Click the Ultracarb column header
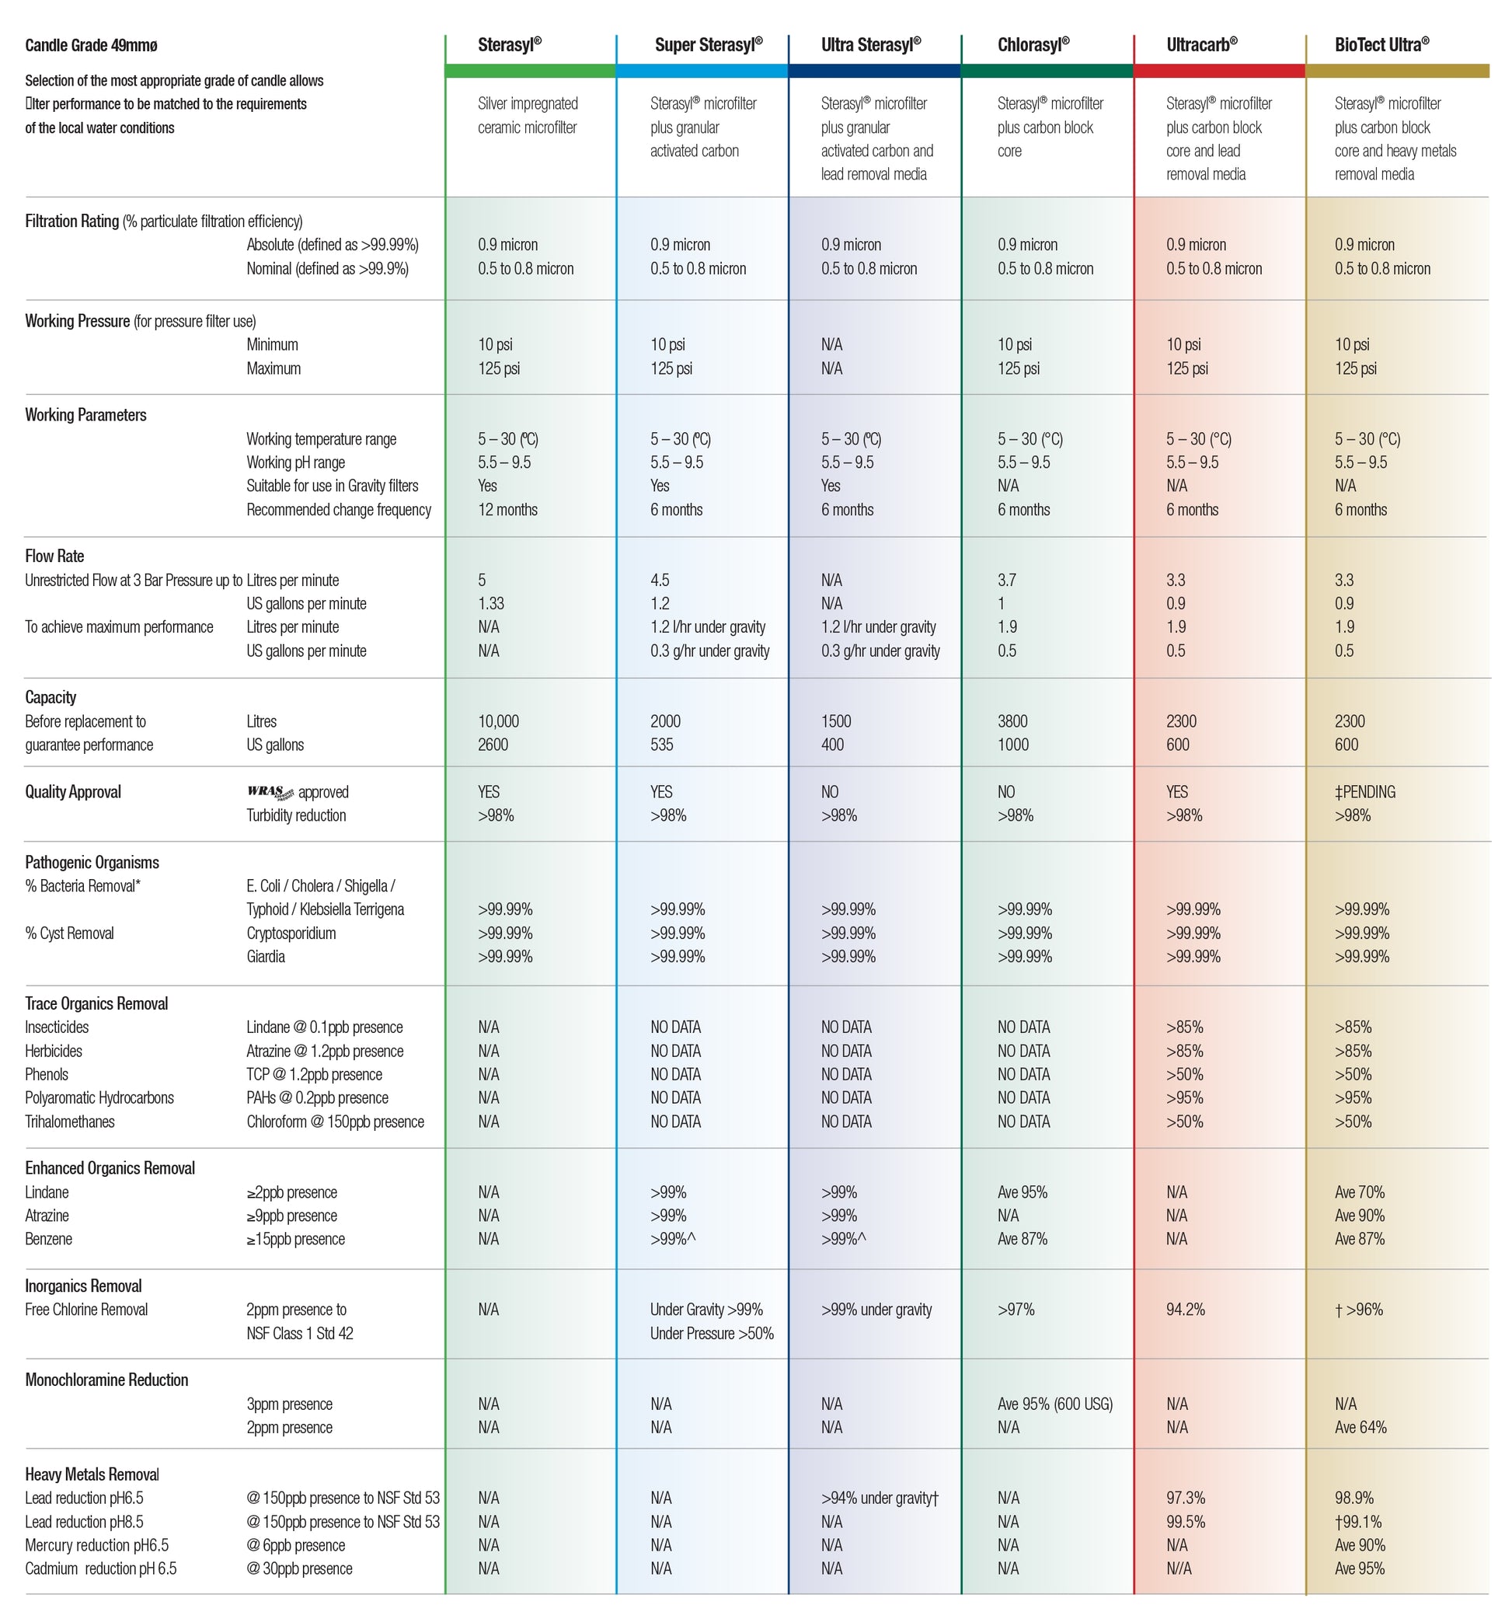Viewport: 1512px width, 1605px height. pyautogui.click(x=1200, y=45)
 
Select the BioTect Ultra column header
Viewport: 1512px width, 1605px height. pyautogui.click(x=1381, y=45)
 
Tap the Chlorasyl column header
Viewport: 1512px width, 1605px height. pyautogui.click(x=1033, y=45)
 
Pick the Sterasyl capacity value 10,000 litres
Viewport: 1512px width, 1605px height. pyautogui.click(x=498, y=721)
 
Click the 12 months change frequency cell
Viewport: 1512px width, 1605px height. pyautogui.click(x=507, y=509)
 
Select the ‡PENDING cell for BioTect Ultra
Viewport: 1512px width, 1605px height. pyautogui.click(x=1364, y=792)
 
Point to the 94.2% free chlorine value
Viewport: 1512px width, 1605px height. pyautogui.click(x=1185, y=1310)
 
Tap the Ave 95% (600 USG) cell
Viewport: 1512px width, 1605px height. pyautogui.click(x=1054, y=1404)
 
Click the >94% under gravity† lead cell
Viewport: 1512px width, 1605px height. pyautogui.click(x=879, y=1498)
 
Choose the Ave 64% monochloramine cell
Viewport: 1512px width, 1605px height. pyautogui.click(x=1360, y=1427)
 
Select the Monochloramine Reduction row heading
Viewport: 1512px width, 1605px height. pyautogui.click(x=106, y=1380)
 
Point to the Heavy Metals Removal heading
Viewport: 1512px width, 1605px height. pyautogui.click(x=92, y=1474)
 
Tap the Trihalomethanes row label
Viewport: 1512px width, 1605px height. pyautogui.click(x=69, y=1122)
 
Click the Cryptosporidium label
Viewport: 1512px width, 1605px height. pyautogui.click(x=291, y=933)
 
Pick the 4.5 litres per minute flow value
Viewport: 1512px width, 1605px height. pyautogui.click(x=660, y=581)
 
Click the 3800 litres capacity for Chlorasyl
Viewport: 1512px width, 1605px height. pyautogui.click(x=1012, y=721)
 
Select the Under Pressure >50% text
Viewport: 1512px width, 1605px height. pyautogui.click(x=711, y=1333)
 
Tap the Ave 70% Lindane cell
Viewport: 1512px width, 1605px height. pyautogui.click(x=1359, y=1192)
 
